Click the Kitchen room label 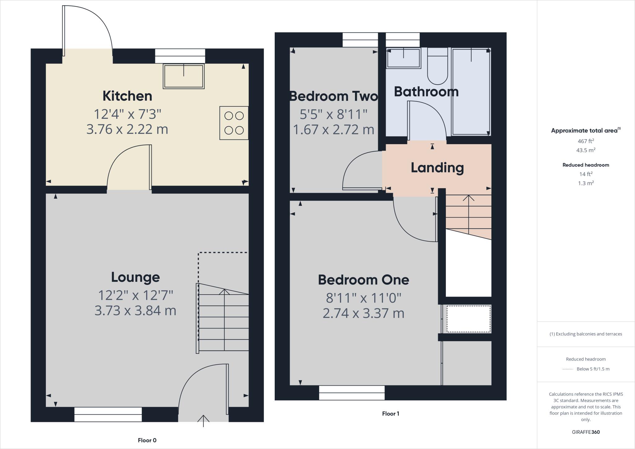coord(127,96)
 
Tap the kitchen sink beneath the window coord(184,76)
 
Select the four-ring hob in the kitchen coord(234,123)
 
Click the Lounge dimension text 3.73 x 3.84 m coord(135,310)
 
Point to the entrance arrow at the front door coord(203,420)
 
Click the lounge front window coord(108,415)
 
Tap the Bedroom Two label coord(333,96)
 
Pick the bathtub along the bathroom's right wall coord(471,91)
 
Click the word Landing coord(437,168)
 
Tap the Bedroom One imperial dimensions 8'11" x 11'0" coord(363,298)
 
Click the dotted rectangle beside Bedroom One coord(468,319)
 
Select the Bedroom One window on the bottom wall coord(352,393)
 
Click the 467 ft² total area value coord(586,141)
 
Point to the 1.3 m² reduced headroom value coord(586,183)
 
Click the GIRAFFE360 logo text coord(586,432)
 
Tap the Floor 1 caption coord(390,413)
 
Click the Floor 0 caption coord(147,440)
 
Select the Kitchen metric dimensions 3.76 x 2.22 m coord(127,129)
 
